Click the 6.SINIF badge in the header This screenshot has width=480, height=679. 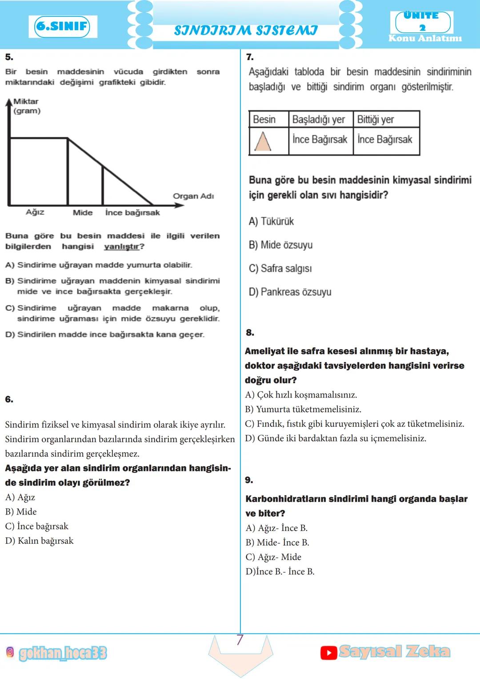coord(62,26)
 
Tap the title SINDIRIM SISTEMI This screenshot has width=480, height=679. coord(246,30)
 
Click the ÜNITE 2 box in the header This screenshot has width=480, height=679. coord(423,21)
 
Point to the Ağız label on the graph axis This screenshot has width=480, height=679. coord(35,212)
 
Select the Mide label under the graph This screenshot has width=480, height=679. coord(83,213)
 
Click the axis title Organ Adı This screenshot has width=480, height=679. coord(193,196)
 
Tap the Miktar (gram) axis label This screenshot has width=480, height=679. coord(27,106)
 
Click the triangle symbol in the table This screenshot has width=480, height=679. coord(263,142)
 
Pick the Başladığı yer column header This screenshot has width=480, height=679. coord(319,120)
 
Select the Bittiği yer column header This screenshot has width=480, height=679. coord(376,120)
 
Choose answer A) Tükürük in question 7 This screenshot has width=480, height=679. coord(271,221)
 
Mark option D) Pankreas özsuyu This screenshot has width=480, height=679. coord(290,292)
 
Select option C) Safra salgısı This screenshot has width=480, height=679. coord(280,269)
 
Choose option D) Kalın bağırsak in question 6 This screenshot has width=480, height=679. coord(39,541)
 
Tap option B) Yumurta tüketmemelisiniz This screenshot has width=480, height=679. coord(303,409)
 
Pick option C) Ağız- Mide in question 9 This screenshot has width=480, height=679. coord(273,557)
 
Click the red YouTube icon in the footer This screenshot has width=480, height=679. coord(328,653)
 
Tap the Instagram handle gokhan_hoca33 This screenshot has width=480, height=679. coord(63,653)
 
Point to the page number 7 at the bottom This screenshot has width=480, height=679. coord(240,640)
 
